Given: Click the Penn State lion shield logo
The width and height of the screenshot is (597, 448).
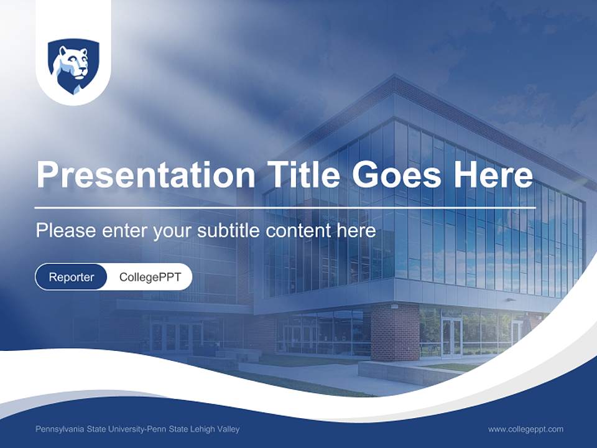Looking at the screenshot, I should (73, 67).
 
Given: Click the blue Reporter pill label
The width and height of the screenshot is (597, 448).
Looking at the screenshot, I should (71, 278).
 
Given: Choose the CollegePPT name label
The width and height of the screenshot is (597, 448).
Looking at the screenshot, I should (150, 278).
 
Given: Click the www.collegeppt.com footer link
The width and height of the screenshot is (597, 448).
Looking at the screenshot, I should (525, 429).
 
